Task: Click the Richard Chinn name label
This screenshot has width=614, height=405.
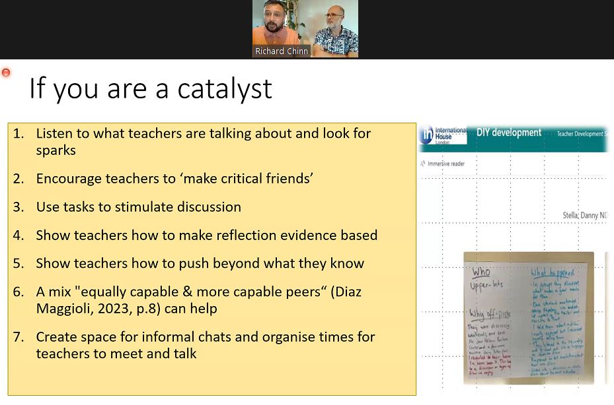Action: point(282,51)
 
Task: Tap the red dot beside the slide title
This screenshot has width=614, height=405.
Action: point(6,73)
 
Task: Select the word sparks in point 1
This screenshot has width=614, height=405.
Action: point(56,150)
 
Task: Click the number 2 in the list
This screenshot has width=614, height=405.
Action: point(18,179)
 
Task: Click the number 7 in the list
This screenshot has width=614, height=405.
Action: point(18,337)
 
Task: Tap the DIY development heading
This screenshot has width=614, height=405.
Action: point(509,133)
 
